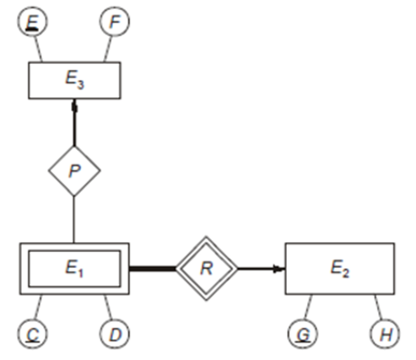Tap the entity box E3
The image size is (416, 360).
click(75, 81)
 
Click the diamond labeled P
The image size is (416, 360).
click(75, 171)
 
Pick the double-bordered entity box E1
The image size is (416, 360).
click(74, 269)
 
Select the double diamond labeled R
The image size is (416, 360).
click(205, 269)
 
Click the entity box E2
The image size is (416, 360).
click(339, 268)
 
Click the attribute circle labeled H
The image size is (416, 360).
click(384, 333)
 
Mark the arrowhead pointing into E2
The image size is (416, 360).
click(279, 269)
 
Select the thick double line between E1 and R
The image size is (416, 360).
click(152, 269)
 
